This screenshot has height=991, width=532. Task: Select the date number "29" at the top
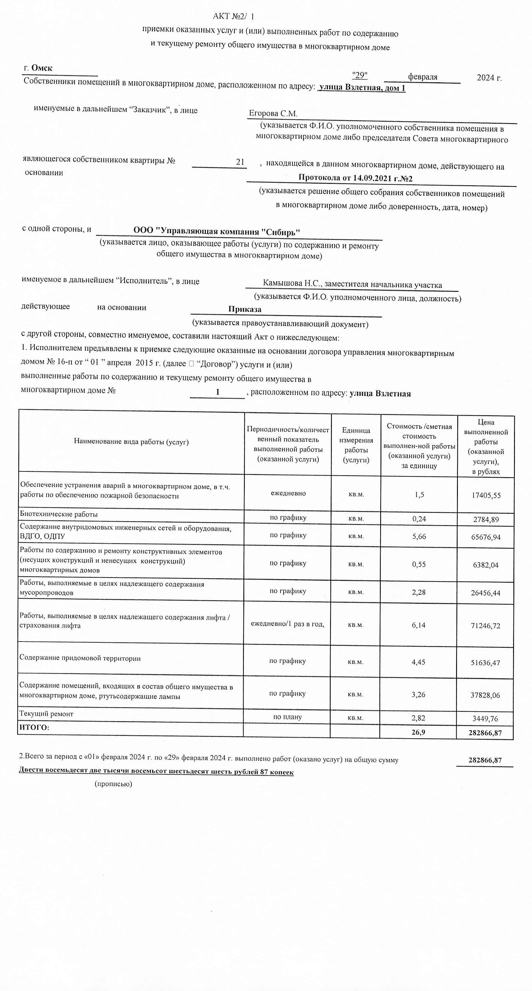(x=360, y=75)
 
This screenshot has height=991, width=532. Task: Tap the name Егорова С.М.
(x=273, y=113)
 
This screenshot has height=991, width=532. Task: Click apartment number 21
(x=240, y=162)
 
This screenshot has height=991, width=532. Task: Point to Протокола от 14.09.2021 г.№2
(x=356, y=178)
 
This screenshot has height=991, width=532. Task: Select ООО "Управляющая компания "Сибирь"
(x=216, y=231)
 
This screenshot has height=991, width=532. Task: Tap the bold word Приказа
(x=245, y=309)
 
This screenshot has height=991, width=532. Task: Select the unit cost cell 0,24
(x=419, y=518)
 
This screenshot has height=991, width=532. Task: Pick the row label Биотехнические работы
(x=59, y=514)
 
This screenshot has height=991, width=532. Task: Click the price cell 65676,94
(x=486, y=537)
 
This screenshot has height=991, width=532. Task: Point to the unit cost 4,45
(x=419, y=662)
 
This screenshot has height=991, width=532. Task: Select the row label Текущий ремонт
(x=46, y=714)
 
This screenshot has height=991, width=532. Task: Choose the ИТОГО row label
(x=34, y=727)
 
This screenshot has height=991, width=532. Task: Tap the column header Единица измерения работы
(x=356, y=445)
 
